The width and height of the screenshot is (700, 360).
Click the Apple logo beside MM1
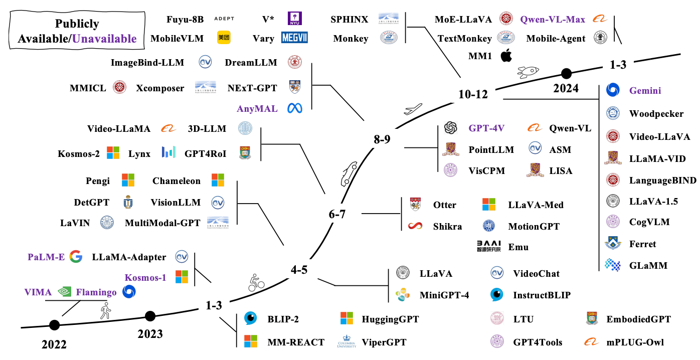click(506, 56)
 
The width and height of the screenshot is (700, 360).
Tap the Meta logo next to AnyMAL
click(295, 108)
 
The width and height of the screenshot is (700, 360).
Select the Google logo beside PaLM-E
click(76, 257)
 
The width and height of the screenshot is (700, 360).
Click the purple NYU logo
click(295, 19)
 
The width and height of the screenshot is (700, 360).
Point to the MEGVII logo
click(294, 38)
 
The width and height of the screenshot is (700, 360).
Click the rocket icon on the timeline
click(528, 72)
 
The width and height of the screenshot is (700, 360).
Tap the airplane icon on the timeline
click(413, 109)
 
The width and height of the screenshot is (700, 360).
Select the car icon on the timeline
click(349, 174)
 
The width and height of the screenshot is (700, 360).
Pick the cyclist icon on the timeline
click(256, 283)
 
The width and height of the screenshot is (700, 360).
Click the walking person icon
click(106, 311)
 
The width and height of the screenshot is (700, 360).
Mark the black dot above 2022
click(54, 325)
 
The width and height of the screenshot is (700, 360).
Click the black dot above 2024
click(566, 74)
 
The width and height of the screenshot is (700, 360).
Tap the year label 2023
click(150, 334)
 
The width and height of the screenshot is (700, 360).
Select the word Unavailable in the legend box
click(104, 39)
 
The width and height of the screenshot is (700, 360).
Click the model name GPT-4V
click(486, 128)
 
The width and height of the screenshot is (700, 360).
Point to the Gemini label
click(645, 91)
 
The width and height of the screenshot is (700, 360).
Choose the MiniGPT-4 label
click(444, 295)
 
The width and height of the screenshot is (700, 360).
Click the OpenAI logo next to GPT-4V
click(451, 128)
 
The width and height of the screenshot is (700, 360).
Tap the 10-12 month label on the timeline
click(473, 94)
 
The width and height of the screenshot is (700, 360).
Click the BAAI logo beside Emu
click(489, 246)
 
